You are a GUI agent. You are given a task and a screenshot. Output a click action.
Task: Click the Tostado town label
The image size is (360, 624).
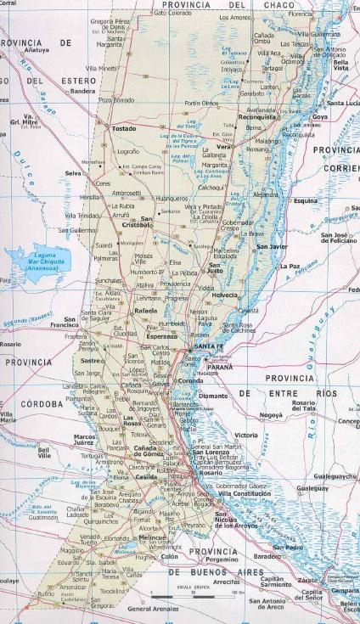(x=124, y=129)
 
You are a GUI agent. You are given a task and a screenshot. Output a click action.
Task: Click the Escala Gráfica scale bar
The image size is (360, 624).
(x=183, y=603)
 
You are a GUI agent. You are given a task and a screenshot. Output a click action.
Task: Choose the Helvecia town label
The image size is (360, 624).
(x=225, y=295)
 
